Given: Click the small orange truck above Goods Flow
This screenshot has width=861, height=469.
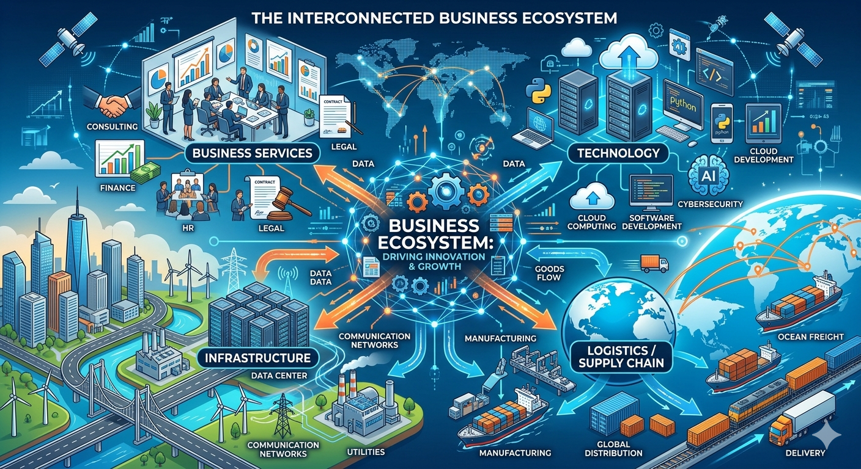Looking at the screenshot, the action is [x=654, y=264].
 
